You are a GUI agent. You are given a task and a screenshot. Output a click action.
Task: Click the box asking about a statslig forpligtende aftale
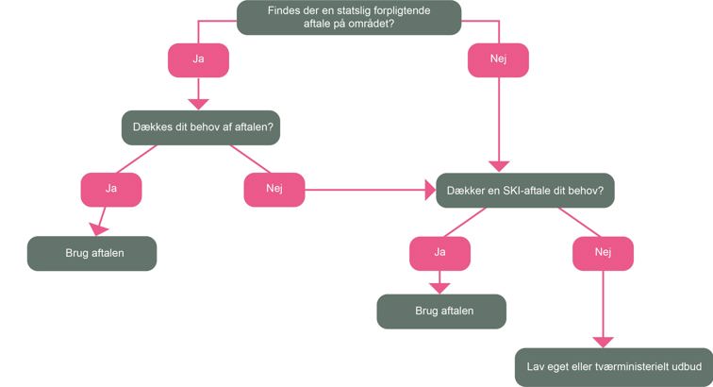(348, 17)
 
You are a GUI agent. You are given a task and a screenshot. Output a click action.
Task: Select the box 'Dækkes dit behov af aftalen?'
(201, 127)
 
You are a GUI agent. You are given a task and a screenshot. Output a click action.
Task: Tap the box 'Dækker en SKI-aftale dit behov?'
(524, 190)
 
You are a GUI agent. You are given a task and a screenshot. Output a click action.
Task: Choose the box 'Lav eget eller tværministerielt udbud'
(614, 364)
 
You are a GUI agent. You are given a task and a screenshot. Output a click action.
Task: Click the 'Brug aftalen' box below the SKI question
(441, 311)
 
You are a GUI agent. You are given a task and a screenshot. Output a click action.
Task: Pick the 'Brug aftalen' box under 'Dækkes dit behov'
(91, 253)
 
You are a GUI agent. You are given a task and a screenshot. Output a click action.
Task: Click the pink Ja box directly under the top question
(198, 59)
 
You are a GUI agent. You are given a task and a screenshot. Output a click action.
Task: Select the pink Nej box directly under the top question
(498, 59)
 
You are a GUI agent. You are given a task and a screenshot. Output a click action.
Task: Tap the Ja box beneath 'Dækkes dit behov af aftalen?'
(111, 189)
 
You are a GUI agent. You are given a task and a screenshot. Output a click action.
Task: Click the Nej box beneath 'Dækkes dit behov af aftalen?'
(274, 189)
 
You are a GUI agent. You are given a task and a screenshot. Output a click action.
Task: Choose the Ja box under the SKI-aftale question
(439, 252)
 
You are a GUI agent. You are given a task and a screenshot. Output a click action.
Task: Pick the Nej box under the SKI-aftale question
(603, 252)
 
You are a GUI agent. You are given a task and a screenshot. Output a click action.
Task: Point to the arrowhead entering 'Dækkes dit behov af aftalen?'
(198, 103)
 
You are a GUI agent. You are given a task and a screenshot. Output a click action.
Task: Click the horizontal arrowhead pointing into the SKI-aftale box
(426, 190)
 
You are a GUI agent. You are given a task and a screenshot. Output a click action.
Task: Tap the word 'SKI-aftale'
(513, 190)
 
